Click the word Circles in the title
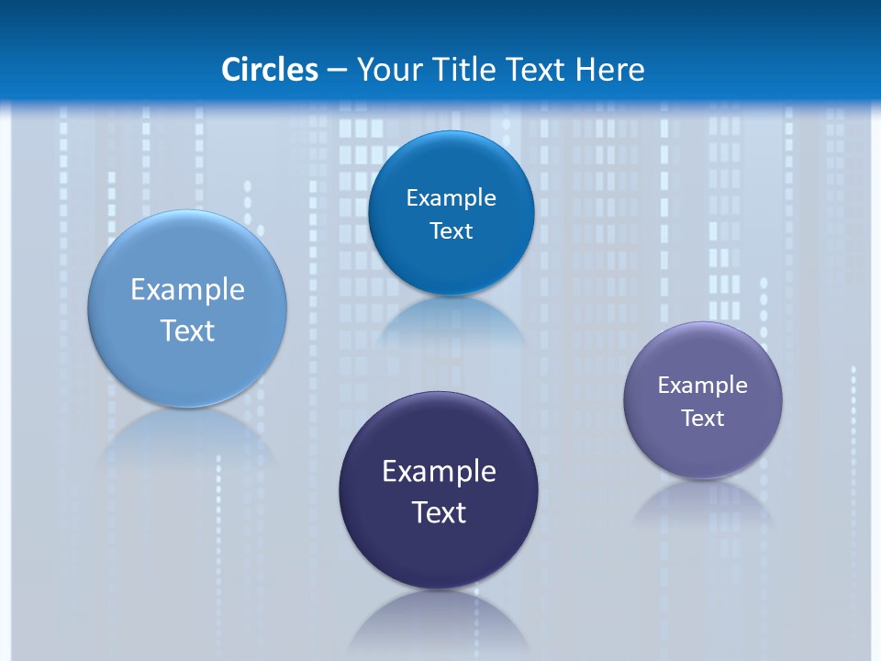(269, 70)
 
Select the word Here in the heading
(610, 70)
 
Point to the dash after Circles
(337, 71)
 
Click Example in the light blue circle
(187, 290)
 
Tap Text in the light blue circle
(187, 330)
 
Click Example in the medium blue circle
(451, 198)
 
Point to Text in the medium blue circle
(451, 231)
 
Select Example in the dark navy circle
(439, 472)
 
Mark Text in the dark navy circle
(439, 512)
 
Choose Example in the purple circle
(703, 386)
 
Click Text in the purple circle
(703, 419)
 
